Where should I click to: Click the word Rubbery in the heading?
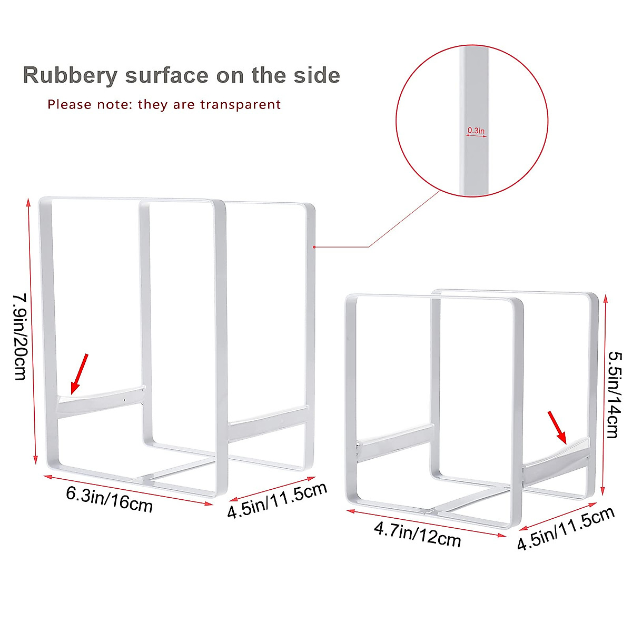tap(70, 76)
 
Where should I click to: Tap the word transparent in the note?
tap(240, 104)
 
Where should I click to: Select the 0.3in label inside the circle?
tap(476, 130)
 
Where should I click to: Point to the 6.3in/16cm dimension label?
tap(110, 500)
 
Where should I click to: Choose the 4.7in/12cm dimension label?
tap(418, 535)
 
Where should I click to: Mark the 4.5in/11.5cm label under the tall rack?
tap(278, 500)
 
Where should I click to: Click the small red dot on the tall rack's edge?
tap(314, 246)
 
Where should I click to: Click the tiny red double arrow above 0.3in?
tap(476, 136)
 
